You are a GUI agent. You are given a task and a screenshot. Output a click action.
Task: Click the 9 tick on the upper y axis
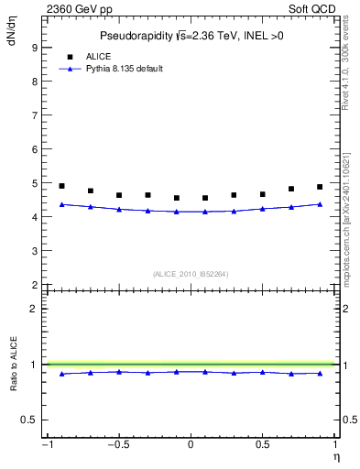(x=33, y=47)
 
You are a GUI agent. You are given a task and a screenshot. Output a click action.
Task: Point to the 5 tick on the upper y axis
(x=33, y=183)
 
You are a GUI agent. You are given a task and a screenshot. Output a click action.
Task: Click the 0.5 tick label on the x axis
(x=262, y=446)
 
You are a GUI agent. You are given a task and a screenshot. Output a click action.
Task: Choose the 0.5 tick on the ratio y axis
(x=30, y=420)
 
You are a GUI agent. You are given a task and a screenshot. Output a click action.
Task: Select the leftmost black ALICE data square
(x=61, y=186)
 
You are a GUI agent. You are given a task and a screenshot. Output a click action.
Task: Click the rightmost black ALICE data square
(x=320, y=187)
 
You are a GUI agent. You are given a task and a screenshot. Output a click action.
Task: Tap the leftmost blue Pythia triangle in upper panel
(x=61, y=204)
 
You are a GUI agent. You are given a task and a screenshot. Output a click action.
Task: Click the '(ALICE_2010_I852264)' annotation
(x=190, y=274)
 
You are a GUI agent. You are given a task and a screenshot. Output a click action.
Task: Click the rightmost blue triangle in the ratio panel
(x=320, y=373)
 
